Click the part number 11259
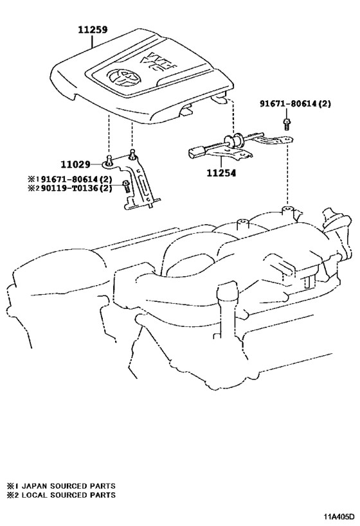93,30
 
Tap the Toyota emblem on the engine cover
124,77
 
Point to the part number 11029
76,164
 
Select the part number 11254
221,173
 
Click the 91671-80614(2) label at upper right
295,103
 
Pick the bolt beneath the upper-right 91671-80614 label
286,123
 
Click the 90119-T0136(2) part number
76,188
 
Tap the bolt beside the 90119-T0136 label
126,186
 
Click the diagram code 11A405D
339,516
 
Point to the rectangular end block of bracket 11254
195,152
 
